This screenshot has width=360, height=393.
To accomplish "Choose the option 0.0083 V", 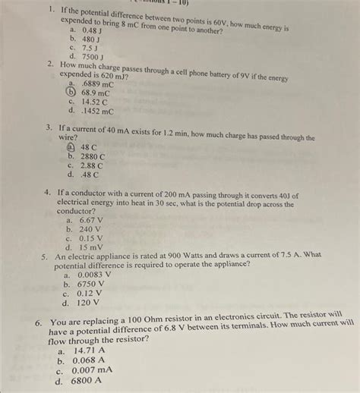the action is coord(92,275).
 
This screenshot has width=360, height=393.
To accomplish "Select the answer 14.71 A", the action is coord(90,351).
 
